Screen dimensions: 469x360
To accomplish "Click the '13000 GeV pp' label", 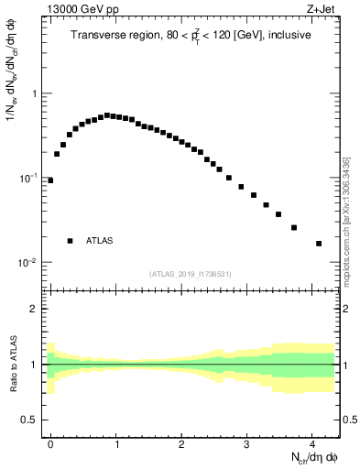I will (x=82, y=11).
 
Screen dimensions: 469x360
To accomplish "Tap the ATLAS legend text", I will (x=100, y=241).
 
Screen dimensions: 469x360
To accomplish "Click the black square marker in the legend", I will (x=70, y=241).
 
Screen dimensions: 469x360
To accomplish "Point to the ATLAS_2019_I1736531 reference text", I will (x=191, y=274).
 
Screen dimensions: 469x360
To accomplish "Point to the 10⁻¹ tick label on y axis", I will (x=29, y=178).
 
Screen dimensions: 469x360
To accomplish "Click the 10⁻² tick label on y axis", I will (x=29, y=262).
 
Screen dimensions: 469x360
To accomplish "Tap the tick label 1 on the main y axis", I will (x=35, y=93).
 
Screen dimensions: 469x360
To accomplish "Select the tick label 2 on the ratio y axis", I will (x=36, y=309).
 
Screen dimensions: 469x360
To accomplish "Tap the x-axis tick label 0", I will (x=50, y=442).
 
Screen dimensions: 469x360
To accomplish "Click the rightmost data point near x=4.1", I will (x=319, y=244).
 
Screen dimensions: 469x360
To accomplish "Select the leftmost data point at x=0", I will (x=50, y=180).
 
